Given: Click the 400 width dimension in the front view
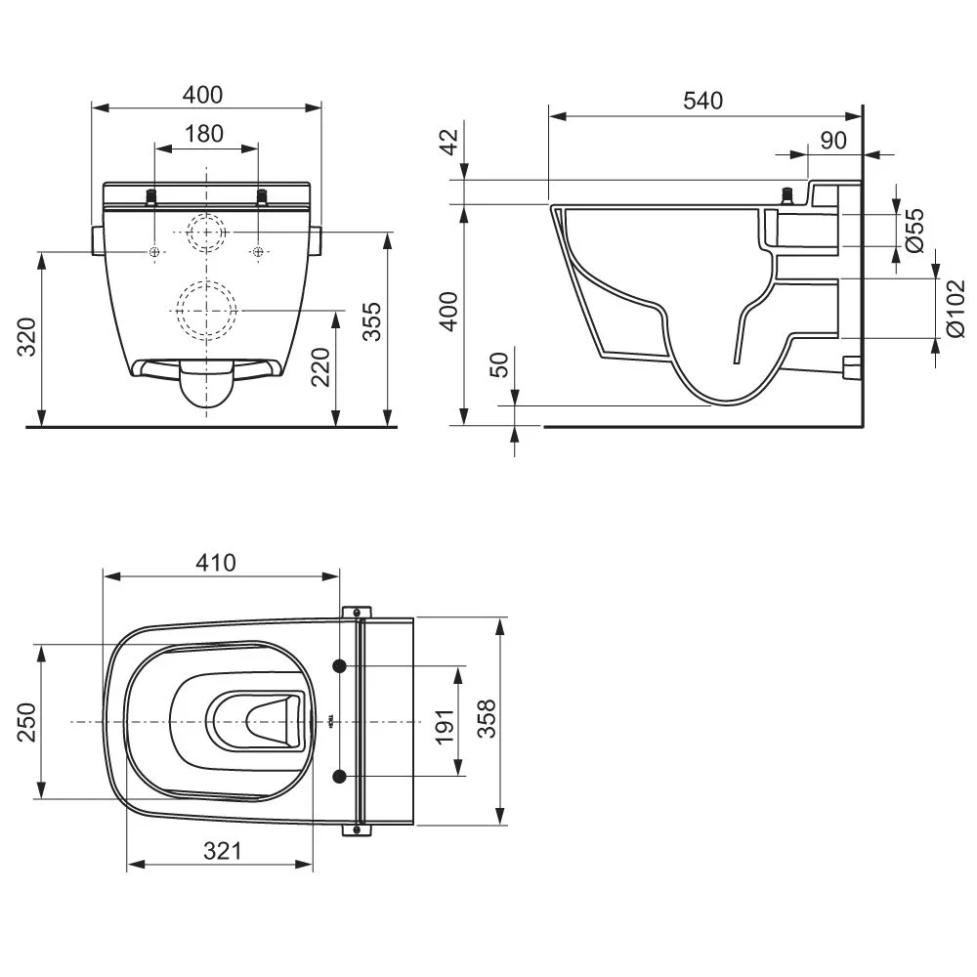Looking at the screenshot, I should [204, 95].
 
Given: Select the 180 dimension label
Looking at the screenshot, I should [204, 134].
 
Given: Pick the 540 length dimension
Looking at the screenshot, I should [702, 101].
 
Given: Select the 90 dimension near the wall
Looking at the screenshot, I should [832, 140].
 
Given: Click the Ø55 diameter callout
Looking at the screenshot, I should [915, 231].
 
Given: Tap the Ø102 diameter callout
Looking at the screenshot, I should [956, 308].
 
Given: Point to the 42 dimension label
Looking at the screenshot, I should [448, 143].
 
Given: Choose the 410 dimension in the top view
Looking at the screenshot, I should [216, 563].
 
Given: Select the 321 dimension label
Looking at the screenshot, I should [223, 851].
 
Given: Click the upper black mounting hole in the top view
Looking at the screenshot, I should [340, 666].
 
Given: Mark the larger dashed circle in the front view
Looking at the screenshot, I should [207, 309].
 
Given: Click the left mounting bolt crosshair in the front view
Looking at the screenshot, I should [155, 253].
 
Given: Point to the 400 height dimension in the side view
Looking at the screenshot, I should [448, 313].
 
